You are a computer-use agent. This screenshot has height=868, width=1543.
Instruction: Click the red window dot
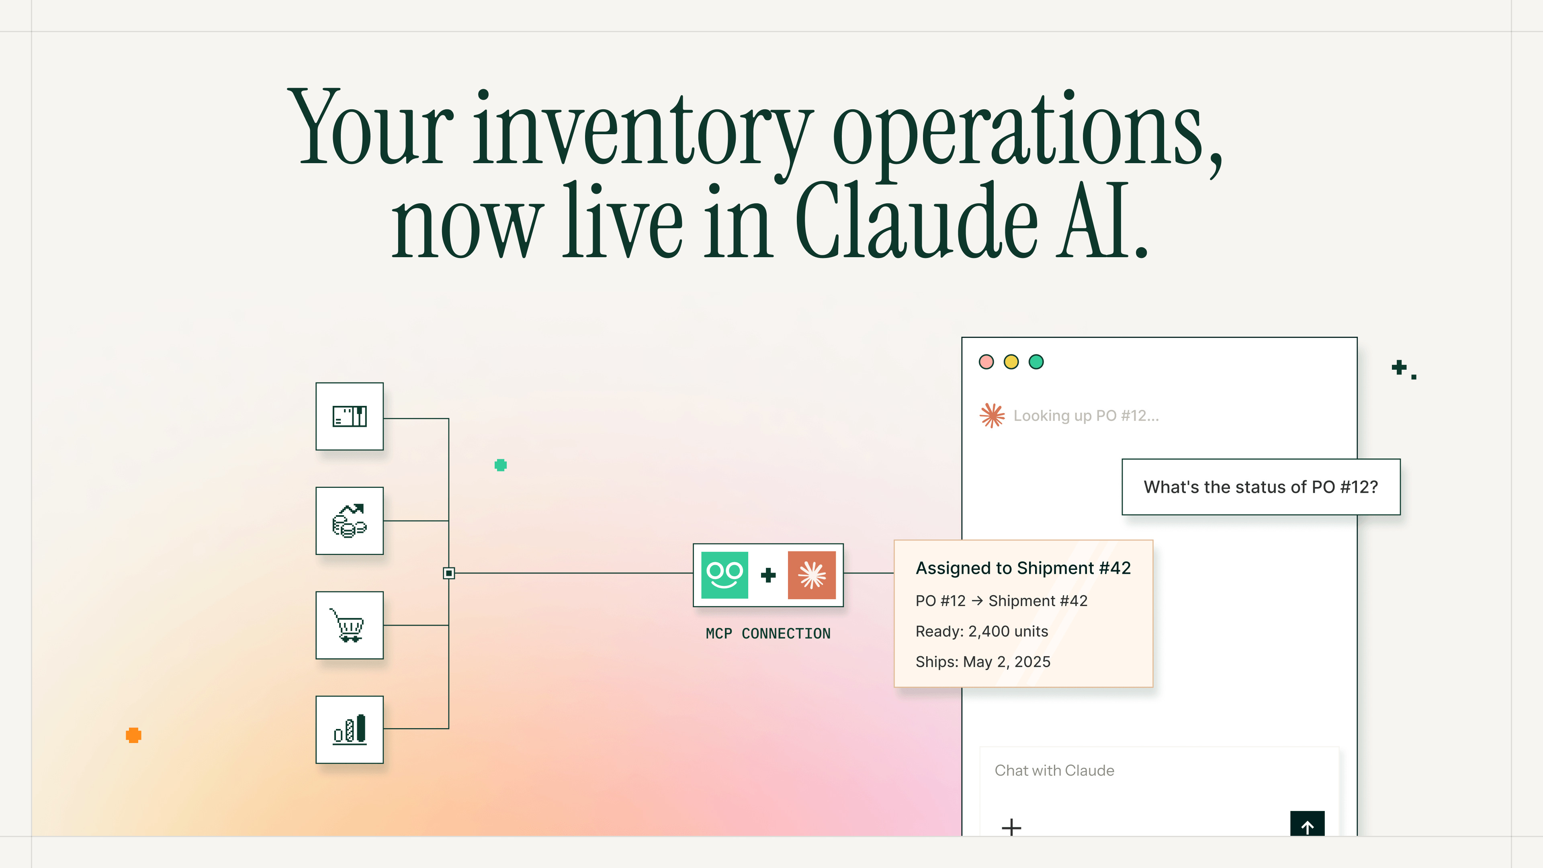[986, 362]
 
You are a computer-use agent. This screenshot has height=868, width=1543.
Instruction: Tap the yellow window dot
[1011, 362]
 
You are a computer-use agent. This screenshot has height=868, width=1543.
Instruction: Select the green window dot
[1036, 362]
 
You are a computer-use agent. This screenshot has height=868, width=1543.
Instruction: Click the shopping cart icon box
[349, 625]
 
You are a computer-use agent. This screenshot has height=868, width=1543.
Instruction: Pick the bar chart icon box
[349, 730]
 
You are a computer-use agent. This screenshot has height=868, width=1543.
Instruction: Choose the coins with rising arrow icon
[349, 520]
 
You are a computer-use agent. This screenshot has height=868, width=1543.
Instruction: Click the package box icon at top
[349, 416]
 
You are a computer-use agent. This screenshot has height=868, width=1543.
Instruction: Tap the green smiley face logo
[724, 575]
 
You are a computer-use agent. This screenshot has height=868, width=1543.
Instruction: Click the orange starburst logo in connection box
[812, 575]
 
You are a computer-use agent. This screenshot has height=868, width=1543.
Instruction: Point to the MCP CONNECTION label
[768, 634]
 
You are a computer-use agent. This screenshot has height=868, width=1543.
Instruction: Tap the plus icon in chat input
[1011, 827]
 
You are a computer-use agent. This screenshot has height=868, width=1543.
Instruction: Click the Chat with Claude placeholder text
[1054, 770]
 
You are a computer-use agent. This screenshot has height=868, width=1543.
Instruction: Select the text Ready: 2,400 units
[982, 631]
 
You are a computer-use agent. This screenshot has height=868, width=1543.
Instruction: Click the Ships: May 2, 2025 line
[983, 662]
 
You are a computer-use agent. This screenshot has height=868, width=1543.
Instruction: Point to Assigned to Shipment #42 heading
[1023, 568]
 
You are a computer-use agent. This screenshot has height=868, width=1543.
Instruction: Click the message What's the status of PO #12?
[1261, 487]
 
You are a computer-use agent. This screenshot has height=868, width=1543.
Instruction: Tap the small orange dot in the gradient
[133, 735]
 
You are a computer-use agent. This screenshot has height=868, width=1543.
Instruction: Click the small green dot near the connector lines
[501, 465]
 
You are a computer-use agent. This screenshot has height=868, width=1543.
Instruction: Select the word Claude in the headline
[917, 222]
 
